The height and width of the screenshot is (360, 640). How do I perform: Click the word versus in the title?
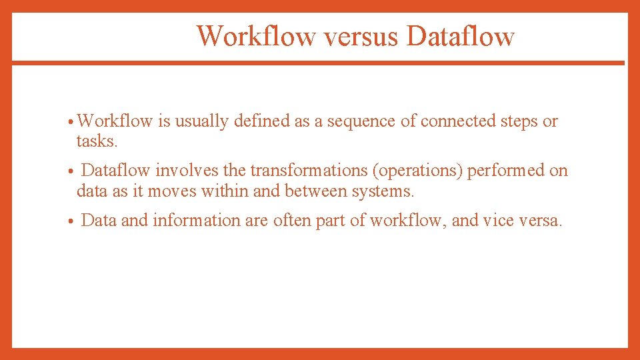pyautogui.click(x=359, y=36)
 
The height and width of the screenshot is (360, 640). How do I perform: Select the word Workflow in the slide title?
pyautogui.click(x=256, y=36)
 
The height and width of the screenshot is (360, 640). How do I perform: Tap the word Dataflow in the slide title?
pyautogui.click(x=460, y=36)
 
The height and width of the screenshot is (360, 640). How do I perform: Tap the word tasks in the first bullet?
pyautogui.click(x=97, y=141)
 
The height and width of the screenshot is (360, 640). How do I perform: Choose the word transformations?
pyautogui.click(x=309, y=171)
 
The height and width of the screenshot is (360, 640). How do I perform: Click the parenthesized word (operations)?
pyautogui.click(x=418, y=171)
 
